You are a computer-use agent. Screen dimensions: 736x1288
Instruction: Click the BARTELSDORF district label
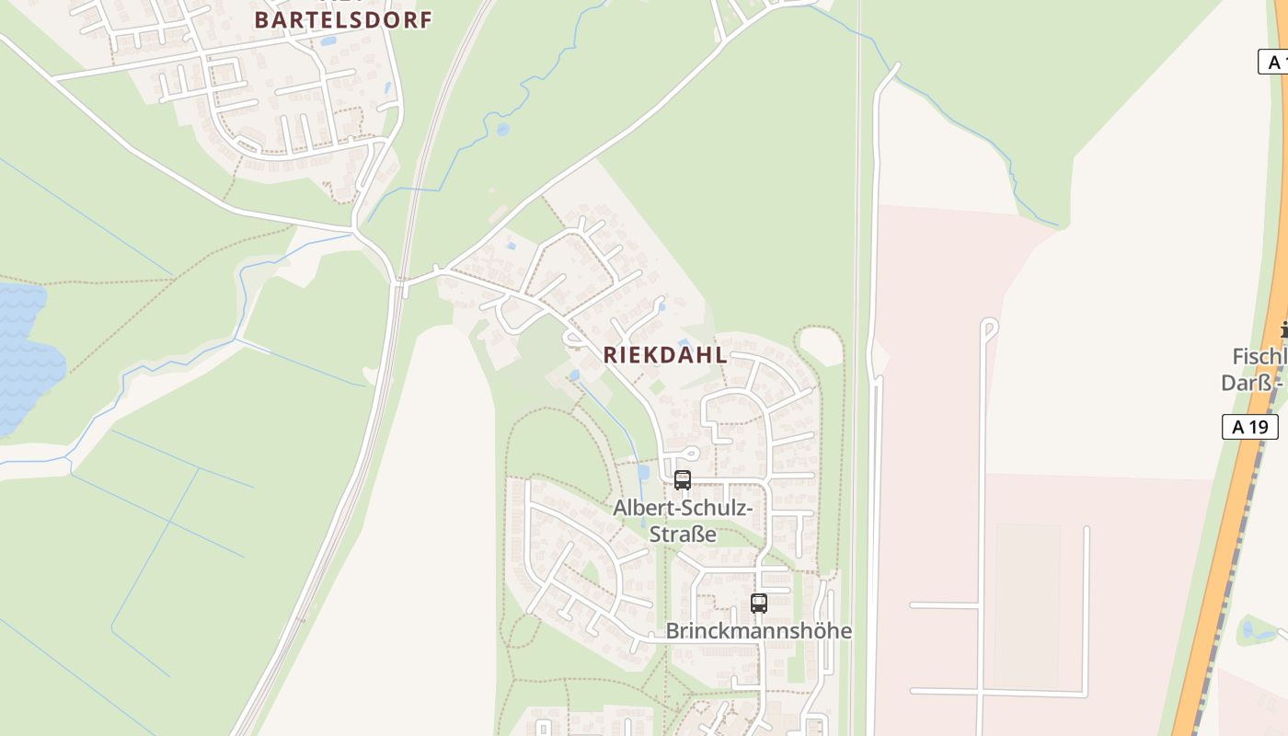pos(342,20)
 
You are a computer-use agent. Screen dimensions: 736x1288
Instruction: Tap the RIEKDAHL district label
pos(665,356)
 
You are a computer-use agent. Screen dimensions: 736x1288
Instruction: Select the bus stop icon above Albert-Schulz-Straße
pos(682,479)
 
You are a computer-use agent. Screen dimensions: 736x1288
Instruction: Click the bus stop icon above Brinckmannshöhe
pos(758,604)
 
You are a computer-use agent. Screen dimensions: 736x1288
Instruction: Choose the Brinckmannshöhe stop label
pos(758,631)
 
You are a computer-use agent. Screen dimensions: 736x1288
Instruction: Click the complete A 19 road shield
pos(1249,427)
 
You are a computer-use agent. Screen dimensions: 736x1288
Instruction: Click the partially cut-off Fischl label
pos(1259,357)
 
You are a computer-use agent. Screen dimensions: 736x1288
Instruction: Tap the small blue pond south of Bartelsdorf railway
pos(502,130)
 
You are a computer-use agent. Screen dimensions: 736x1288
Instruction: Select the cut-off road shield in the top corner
pos(1273,63)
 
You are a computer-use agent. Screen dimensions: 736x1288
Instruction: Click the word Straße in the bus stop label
pos(683,534)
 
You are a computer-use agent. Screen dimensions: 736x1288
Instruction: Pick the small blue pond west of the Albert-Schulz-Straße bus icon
pos(642,472)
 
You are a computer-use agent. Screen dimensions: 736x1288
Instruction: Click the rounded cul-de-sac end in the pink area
pos(989,326)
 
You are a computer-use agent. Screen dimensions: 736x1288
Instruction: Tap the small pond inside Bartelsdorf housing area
pos(328,40)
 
